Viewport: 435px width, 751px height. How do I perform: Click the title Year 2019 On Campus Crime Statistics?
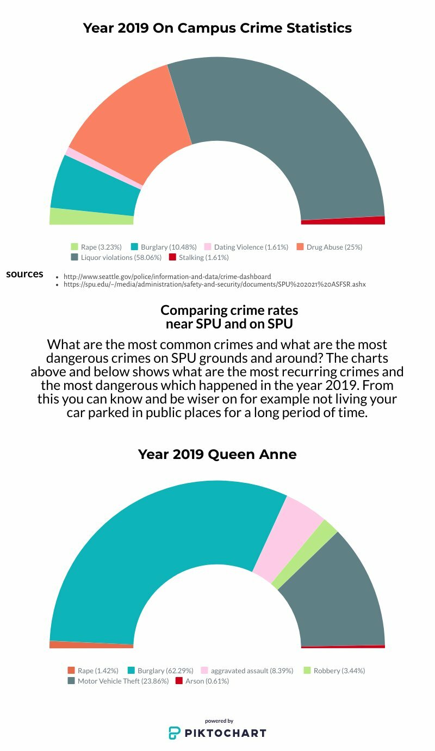(x=217, y=28)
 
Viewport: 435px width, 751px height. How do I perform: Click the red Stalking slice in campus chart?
(x=343, y=220)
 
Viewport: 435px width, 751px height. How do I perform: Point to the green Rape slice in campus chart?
(x=91, y=216)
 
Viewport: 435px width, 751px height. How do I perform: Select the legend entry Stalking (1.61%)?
(x=198, y=257)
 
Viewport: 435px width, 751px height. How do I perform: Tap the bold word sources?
(x=24, y=274)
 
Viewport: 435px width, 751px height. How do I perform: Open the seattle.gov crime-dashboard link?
(x=167, y=276)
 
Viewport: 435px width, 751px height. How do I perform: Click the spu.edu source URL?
(x=214, y=284)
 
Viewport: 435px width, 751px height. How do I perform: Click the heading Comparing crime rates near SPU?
(x=229, y=317)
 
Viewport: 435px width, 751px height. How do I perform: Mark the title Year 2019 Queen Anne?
(x=217, y=454)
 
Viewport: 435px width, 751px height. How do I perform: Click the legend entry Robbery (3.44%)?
(x=334, y=671)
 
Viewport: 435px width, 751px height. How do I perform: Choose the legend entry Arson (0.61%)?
(x=202, y=681)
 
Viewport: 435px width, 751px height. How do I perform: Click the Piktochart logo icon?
(x=175, y=733)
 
